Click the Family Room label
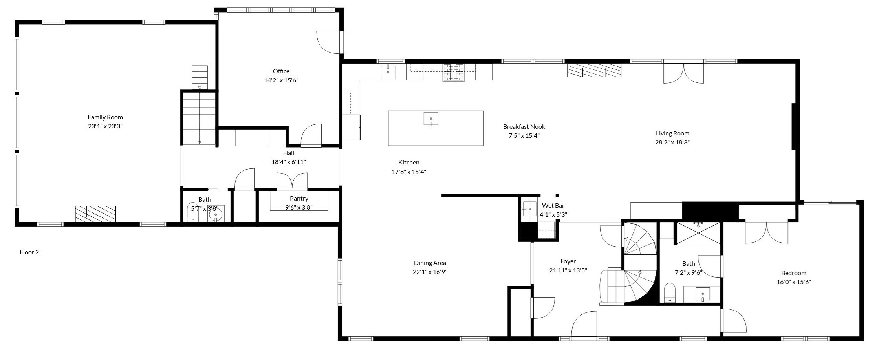105,117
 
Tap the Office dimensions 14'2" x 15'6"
281,80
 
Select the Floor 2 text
29,252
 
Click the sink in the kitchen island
431,119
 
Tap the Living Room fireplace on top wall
594,70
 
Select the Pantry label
299,199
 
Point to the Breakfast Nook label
524,127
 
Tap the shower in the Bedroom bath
698,233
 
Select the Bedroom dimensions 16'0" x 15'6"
793,282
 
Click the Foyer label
568,261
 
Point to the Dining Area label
430,263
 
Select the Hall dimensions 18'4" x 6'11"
288,162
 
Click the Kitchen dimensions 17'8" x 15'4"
408,172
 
